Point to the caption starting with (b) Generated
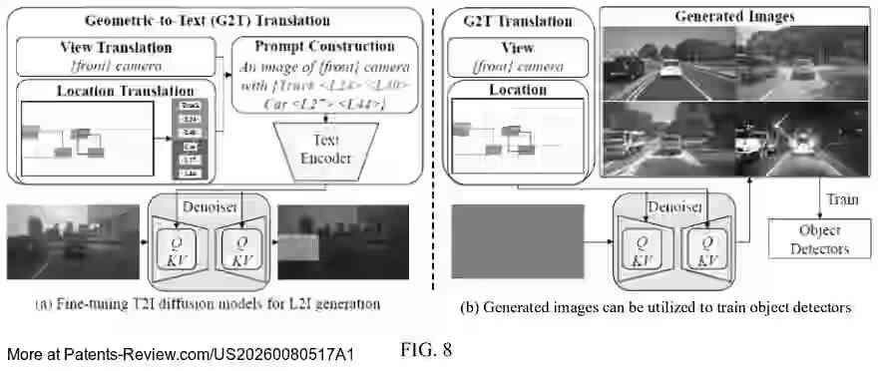656,308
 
